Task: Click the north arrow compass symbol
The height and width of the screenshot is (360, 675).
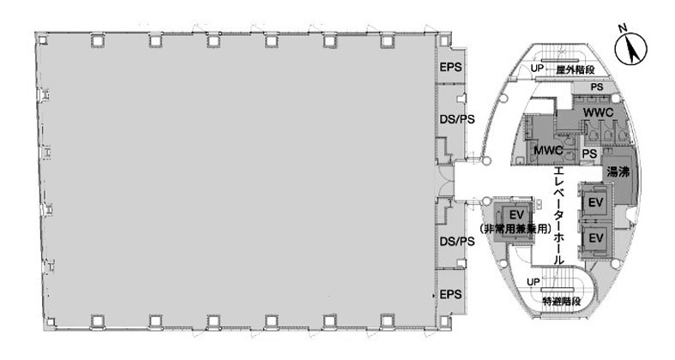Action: click(630, 49)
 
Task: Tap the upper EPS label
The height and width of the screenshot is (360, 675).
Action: click(451, 67)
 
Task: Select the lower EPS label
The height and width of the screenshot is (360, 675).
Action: click(451, 295)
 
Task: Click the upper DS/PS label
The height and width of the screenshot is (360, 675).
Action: click(457, 119)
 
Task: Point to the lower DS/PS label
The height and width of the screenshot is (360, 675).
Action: click(457, 242)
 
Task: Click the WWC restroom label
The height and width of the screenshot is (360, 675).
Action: click(598, 113)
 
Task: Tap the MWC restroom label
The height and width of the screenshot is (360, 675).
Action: click(548, 151)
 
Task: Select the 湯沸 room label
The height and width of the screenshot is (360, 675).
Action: click(618, 172)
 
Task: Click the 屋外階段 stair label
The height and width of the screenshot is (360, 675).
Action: click(576, 70)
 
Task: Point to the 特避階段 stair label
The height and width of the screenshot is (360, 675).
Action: click(561, 302)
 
